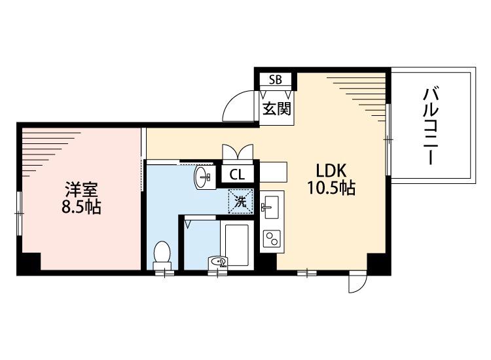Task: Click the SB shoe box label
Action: click(x=275, y=80)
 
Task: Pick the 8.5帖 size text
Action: click(x=81, y=208)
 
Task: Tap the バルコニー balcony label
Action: click(x=430, y=128)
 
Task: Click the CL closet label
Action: click(x=237, y=175)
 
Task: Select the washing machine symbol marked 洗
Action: click(x=240, y=202)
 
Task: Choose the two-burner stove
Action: click(x=270, y=238)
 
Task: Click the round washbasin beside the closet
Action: click(x=203, y=176)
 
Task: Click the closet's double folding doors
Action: click(x=236, y=152)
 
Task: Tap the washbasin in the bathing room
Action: click(x=221, y=262)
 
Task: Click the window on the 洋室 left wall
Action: click(x=20, y=211)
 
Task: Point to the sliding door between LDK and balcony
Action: click(x=388, y=139)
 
